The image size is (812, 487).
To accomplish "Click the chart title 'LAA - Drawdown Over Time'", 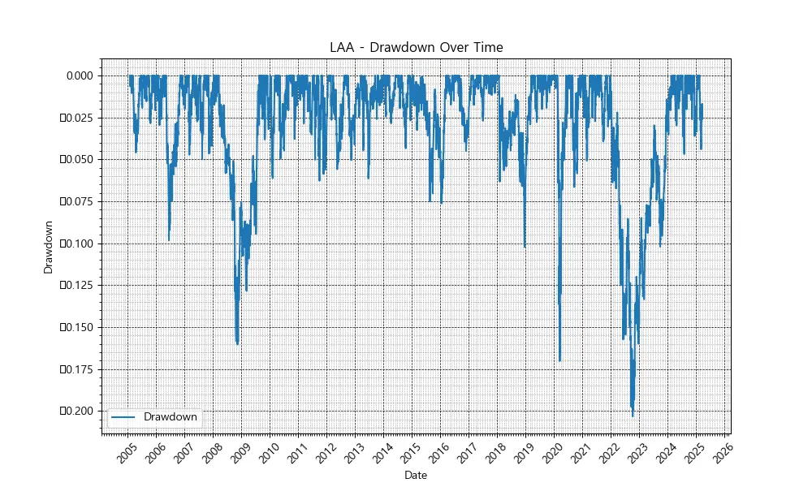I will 416,47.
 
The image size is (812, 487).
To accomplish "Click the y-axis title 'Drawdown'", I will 48,246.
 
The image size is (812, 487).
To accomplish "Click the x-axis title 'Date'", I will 416,475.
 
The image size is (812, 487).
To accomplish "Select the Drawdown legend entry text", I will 170,416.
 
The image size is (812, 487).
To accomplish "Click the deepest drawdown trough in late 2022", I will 633,416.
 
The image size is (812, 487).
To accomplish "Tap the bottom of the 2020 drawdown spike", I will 560,360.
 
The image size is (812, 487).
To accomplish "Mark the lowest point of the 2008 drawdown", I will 237,344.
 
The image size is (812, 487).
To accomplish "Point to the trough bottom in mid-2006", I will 169,240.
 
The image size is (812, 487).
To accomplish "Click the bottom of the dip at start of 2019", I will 525,247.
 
